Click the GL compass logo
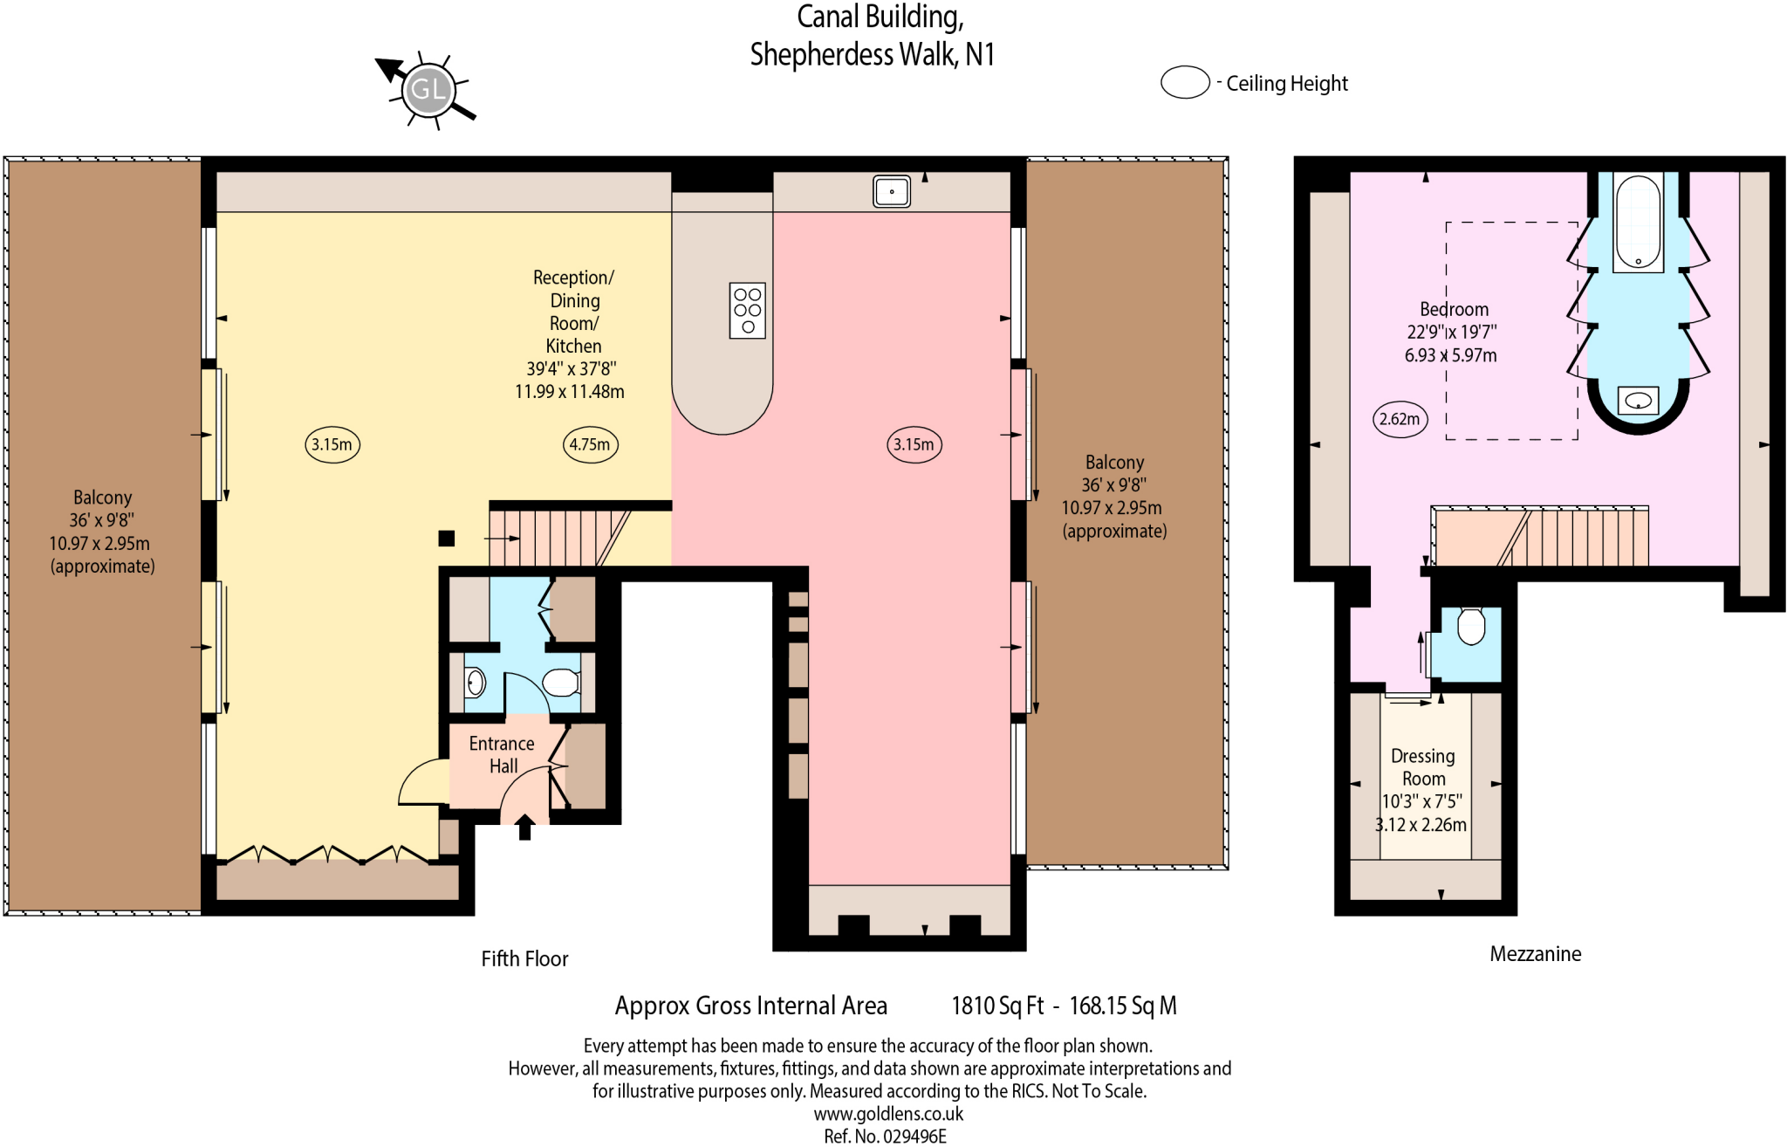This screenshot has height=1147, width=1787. click(x=428, y=89)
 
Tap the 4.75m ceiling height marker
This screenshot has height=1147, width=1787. click(x=590, y=444)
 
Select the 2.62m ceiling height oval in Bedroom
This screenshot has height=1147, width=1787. click(x=1400, y=419)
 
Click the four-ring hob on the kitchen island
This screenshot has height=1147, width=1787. click(x=748, y=310)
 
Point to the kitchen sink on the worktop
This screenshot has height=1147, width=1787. click(x=892, y=191)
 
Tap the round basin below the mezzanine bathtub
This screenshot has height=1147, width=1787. click(x=1639, y=401)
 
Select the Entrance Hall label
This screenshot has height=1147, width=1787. click(x=502, y=755)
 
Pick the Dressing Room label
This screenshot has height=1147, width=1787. click(x=1423, y=767)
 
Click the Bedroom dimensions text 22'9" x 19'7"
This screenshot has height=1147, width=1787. click(x=1451, y=333)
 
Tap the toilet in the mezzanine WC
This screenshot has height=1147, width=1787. click(x=1471, y=626)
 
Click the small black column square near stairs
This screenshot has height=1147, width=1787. click(x=447, y=539)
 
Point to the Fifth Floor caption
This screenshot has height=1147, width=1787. click(x=524, y=958)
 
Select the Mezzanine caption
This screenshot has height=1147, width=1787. click(x=1535, y=954)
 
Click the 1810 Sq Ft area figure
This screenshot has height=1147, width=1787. click(x=996, y=1006)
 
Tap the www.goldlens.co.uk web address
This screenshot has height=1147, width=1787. click(x=888, y=1114)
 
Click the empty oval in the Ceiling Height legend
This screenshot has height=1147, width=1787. click(x=1184, y=83)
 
